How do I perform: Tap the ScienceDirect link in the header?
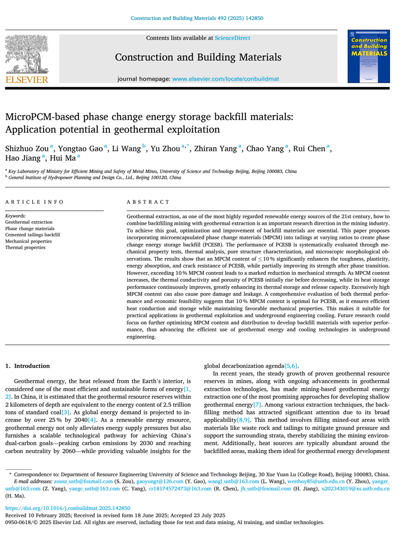[232, 38]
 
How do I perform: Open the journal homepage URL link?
[226, 79]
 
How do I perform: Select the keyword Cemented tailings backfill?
[32, 235]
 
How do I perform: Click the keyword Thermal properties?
[25, 247]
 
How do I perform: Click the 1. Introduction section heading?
[27, 366]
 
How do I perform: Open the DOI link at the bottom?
[67, 508]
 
